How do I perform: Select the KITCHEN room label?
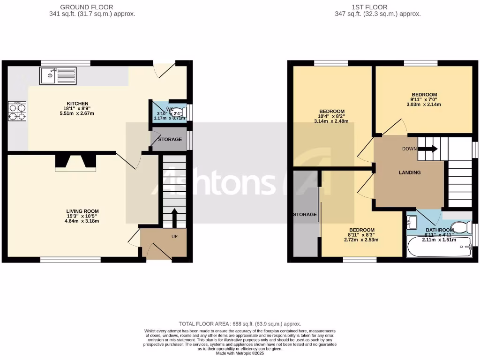click(77, 104)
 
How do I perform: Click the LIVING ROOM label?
click(82, 211)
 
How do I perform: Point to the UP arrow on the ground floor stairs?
click(174, 217)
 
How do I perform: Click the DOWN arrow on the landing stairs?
click(427, 149)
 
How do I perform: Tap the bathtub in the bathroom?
click(439, 247)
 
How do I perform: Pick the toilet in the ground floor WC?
click(182, 111)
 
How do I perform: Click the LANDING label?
click(410, 172)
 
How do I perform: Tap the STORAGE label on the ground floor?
click(170, 140)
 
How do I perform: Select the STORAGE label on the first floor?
click(305, 215)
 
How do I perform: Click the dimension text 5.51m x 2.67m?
click(77, 113)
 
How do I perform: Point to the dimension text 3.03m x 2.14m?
click(424, 105)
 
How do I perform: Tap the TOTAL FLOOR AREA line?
click(240, 324)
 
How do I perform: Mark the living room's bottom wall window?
click(70, 259)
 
